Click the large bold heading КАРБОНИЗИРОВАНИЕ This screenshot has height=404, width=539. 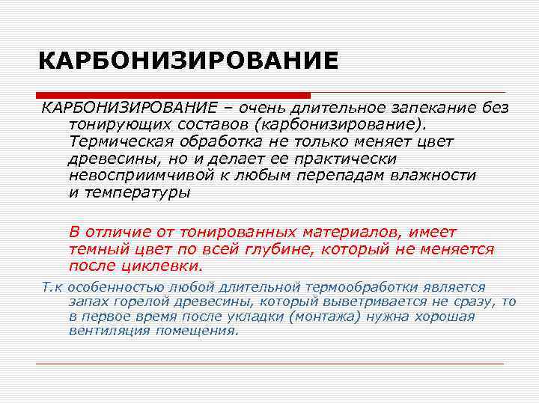pyautogui.click(x=188, y=61)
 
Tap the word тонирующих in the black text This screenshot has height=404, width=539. pyautogui.click(x=109, y=125)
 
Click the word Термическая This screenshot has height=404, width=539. pyautogui.click(x=115, y=141)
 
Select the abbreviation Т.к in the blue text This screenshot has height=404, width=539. pyautogui.click(x=51, y=287)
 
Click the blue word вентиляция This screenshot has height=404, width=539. pyautogui.click(x=105, y=330)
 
